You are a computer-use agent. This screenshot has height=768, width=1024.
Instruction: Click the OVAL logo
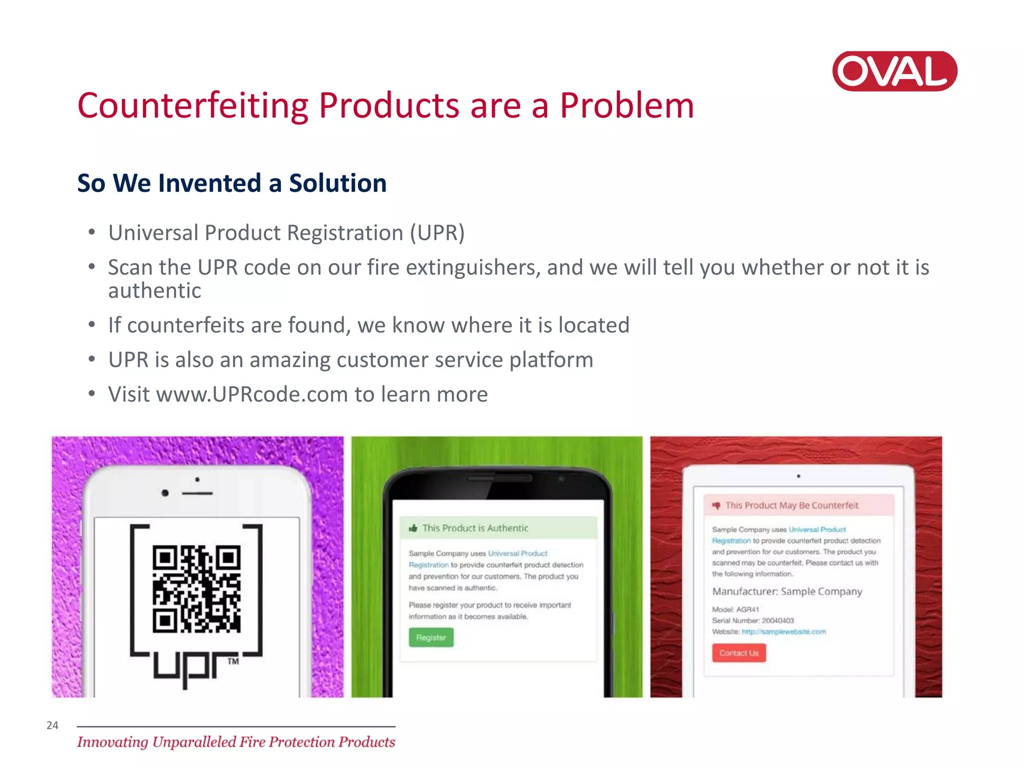coord(894,71)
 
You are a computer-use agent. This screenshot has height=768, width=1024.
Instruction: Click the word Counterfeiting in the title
coord(193,106)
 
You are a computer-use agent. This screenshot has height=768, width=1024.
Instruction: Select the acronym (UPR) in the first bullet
coord(437,233)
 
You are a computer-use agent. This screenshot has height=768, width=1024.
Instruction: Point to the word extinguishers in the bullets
coord(473,267)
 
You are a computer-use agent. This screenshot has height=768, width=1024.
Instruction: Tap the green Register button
coord(431,637)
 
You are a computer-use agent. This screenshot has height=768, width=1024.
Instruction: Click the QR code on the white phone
coord(196,588)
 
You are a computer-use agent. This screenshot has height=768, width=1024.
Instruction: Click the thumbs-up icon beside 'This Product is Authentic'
coord(413,528)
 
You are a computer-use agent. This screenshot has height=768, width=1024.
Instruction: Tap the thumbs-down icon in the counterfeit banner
coord(716,505)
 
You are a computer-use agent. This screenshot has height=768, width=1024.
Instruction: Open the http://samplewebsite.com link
coord(783,632)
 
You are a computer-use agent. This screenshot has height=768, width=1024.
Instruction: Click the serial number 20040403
coord(777,620)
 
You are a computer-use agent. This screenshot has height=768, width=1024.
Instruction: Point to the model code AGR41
coord(747,609)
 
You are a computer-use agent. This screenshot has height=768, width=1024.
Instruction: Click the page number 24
coord(52,725)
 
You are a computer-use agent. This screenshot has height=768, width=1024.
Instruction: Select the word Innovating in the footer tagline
coord(112,742)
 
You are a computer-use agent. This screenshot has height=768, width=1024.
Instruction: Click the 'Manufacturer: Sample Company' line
coord(787,591)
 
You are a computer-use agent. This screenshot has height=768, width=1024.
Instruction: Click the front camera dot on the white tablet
coord(798,476)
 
